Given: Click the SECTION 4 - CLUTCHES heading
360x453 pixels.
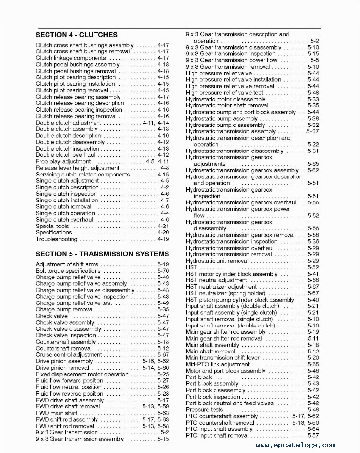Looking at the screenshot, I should [76, 35].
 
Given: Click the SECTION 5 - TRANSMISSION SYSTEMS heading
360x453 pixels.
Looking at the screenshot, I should [102, 254].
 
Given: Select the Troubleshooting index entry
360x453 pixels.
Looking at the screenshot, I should [57, 239].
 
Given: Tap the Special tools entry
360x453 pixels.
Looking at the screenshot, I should [52, 226].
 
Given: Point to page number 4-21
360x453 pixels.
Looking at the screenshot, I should [163, 226].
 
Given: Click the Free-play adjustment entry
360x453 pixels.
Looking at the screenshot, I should [63, 161].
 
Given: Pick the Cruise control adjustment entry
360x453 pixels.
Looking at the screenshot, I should [69, 355].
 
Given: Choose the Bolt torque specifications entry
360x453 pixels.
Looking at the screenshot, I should [69, 271].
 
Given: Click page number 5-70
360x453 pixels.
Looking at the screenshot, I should [163, 271].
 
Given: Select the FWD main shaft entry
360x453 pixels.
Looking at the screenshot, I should [57, 413].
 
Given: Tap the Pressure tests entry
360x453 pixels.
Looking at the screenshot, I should [204, 410].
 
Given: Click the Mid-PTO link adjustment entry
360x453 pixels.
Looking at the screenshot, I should [217, 364].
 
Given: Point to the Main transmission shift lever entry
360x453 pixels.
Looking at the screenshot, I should [222, 358].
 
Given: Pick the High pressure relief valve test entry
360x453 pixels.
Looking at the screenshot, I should [224, 93].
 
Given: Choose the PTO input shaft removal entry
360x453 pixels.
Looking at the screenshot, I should [217, 435].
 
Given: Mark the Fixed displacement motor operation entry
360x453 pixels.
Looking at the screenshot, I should [82, 374].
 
